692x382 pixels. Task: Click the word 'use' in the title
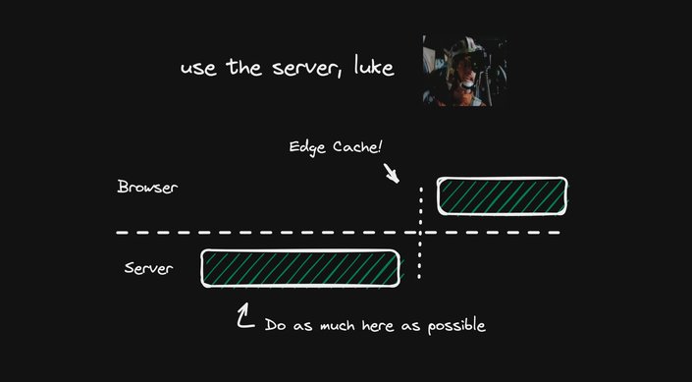pyautogui.click(x=197, y=69)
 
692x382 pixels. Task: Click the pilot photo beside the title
pyautogui.click(x=464, y=71)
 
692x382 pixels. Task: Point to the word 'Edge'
pyautogui.click(x=306, y=147)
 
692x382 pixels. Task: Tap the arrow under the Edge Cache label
pyautogui.click(x=393, y=174)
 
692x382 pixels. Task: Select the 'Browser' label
pyautogui.click(x=147, y=187)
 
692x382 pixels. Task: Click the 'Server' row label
pyautogui.click(x=148, y=267)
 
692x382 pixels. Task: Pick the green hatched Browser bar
pyautogui.click(x=502, y=195)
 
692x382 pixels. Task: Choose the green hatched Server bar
pyautogui.click(x=300, y=268)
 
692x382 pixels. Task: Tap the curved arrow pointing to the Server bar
pyautogui.click(x=244, y=315)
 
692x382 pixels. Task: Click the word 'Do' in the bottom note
pyautogui.click(x=275, y=324)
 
